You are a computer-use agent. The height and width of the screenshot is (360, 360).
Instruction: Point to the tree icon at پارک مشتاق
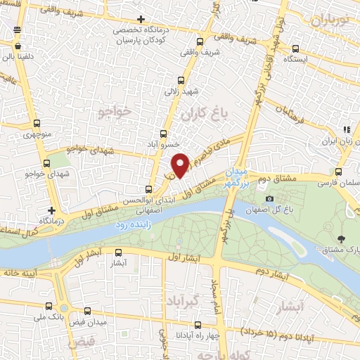341,239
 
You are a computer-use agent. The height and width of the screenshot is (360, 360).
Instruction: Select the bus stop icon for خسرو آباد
163,132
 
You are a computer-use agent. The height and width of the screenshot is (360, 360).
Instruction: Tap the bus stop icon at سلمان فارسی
340,171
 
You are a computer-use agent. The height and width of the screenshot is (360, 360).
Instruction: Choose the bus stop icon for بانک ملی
49,306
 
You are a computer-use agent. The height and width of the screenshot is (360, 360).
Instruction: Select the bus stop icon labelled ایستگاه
295,49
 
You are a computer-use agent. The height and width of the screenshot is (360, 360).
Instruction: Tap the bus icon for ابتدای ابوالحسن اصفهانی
148,188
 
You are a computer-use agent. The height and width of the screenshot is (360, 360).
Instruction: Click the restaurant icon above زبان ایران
346,129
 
